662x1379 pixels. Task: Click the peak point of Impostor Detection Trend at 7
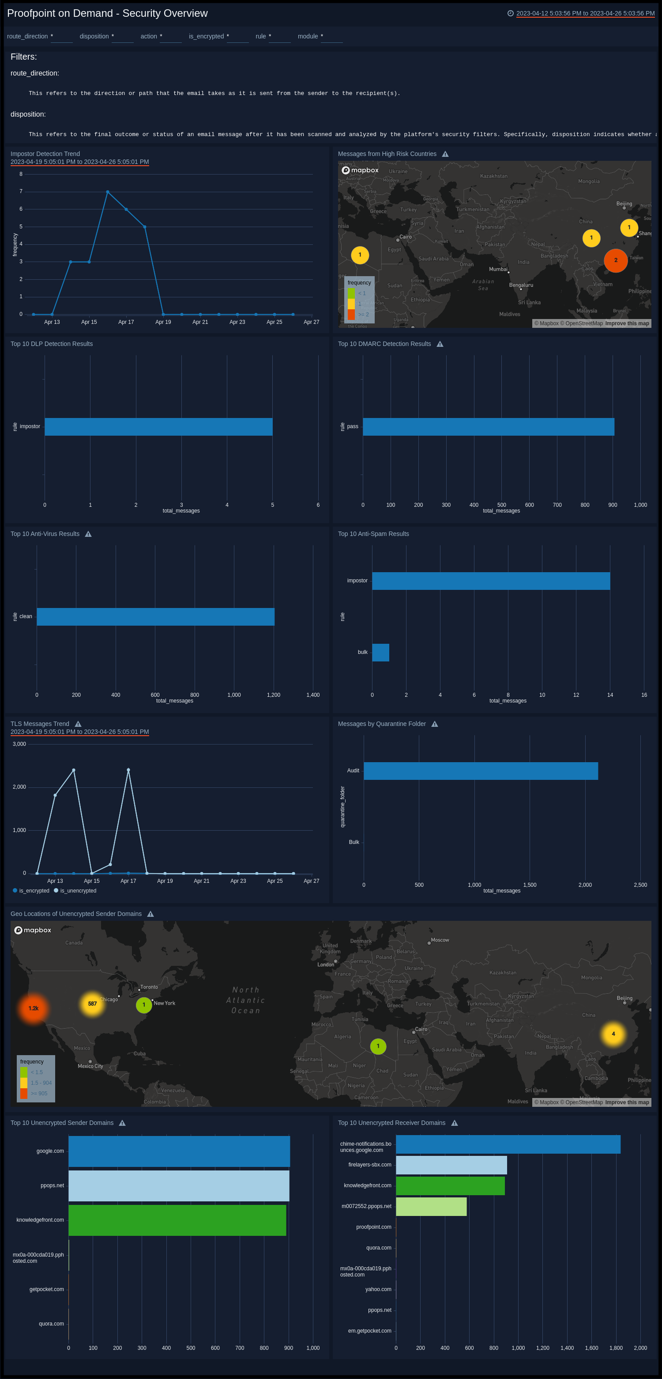(x=108, y=192)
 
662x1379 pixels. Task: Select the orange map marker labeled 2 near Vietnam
(x=616, y=261)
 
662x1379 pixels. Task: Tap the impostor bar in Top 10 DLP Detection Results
(x=158, y=427)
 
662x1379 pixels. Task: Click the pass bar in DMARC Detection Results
(x=488, y=427)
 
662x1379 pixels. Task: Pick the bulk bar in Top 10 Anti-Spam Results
(x=380, y=653)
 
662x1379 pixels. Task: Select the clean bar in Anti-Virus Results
(x=155, y=617)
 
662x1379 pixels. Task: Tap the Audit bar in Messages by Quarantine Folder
(x=480, y=771)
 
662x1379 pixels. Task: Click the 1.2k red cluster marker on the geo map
(x=33, y=1009)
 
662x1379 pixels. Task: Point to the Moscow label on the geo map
(x=440, y=940)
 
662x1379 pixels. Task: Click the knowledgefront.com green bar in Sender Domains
(x=177, y=1220)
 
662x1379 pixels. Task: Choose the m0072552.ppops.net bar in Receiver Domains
(x=431, y=1206)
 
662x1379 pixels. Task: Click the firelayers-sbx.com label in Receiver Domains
(x=369, y=1165)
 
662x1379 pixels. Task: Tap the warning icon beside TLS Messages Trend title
(x=78, y=724)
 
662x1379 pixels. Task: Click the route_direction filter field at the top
(x=61, y=36)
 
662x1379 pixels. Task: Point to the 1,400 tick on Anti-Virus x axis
(x=313, y=695)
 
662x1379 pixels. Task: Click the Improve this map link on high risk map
(x=627, y=323)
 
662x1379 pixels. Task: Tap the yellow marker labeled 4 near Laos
(x=613, y=1034)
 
